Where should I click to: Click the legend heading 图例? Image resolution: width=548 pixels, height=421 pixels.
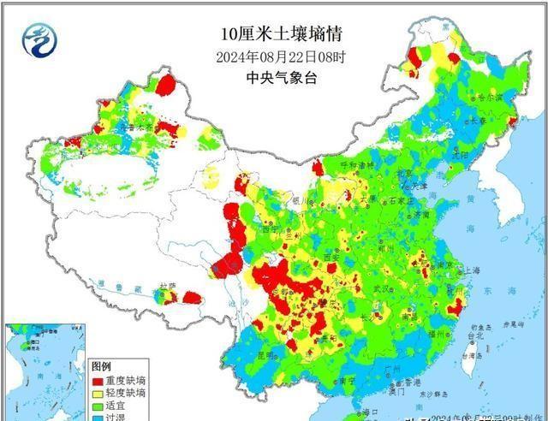pyautogui.click(x=102, y=366)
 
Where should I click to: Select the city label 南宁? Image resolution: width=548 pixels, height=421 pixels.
pyautogui.click(x=346, y=380)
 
